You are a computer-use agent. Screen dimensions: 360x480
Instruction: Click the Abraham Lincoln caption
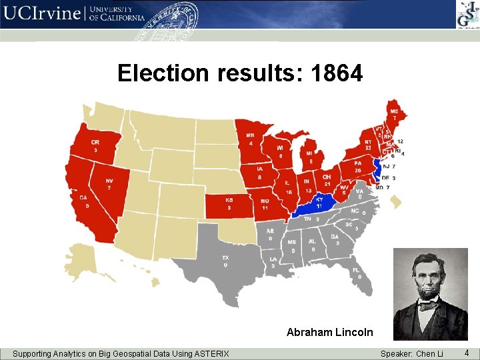330,331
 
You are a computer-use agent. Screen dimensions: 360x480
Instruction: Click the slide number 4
467,352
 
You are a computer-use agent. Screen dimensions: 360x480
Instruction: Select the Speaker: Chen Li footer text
411,353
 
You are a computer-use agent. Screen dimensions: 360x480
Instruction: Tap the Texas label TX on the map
225,258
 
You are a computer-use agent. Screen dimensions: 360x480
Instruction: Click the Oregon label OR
95,143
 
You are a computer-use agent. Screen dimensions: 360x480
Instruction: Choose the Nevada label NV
109,181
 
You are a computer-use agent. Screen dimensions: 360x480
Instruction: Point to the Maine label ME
394,111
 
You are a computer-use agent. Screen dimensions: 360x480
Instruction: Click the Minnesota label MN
251,136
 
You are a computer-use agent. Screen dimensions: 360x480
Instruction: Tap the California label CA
83,198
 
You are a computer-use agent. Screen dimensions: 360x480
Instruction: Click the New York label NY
368,141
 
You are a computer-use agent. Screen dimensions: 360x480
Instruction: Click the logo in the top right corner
466,14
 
